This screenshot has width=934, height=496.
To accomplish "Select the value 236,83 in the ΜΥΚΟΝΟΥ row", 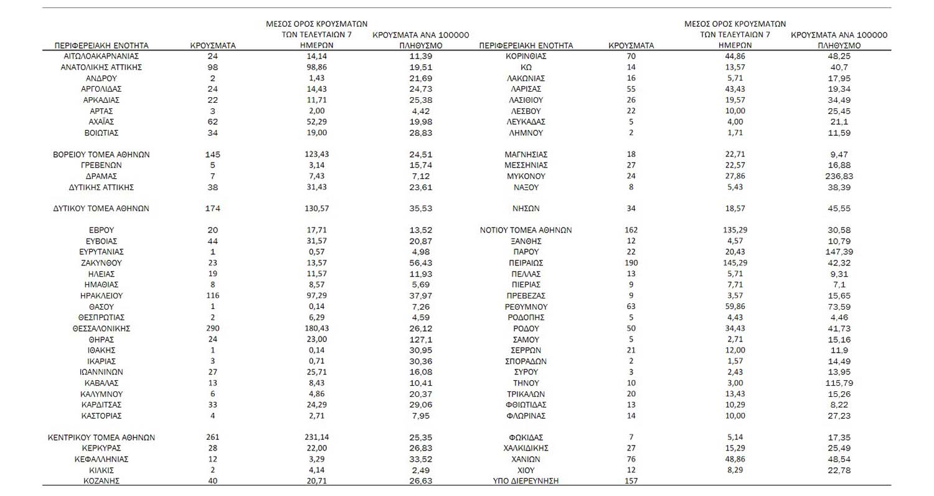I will click(839, 176).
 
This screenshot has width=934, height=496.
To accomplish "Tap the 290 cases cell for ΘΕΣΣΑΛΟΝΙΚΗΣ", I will click(212, 328).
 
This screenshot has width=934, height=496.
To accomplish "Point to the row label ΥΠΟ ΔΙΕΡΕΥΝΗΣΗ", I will click(526, 481).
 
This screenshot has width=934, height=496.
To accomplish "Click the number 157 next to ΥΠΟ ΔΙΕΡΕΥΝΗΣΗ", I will click(631, 481).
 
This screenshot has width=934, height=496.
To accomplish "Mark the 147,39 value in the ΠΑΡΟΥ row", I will click(839, 252).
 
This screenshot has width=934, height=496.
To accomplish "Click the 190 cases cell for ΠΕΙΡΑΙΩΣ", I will click(631, 263).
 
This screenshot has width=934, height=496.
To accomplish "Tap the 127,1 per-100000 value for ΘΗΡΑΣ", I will click(420, 340).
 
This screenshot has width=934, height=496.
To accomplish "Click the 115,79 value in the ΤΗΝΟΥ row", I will click(839, 383).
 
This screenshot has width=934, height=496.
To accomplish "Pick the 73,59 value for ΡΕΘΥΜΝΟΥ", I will click(839, 307).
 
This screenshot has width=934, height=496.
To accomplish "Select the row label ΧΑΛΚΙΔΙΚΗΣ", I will click(526, 448).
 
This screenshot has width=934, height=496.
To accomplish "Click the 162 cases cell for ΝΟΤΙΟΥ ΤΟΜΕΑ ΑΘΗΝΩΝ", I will click(631, 230).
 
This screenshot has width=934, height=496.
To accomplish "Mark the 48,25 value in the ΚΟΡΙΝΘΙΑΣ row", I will click(839, 56).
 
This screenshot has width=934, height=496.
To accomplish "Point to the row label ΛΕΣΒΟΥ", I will click(526, 111).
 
